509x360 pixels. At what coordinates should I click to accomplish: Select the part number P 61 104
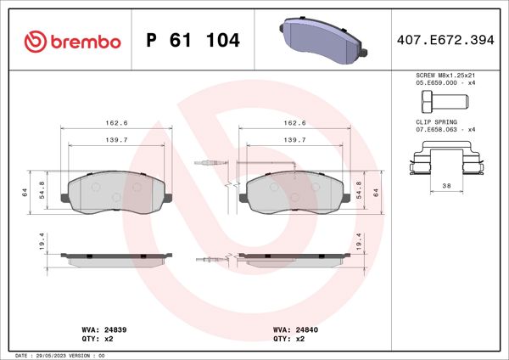tap(193, 41)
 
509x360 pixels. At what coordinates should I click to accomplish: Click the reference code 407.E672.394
tap(445, 40)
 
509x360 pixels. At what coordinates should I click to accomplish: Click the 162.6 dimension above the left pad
tap(117, 123)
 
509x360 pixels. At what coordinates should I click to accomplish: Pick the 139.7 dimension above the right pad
tap(294, 140)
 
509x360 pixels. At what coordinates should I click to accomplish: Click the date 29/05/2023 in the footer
tap(70, 354)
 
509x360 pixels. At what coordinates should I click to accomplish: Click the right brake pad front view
tap(294, 191)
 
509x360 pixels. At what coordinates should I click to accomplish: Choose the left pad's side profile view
tap(117, 258)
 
